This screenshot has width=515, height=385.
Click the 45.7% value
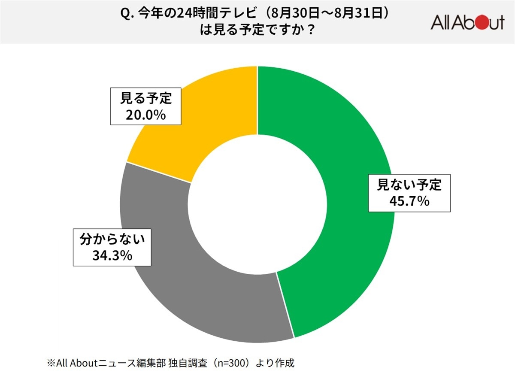click(409, 201)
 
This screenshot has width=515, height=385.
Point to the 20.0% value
click(145, 115)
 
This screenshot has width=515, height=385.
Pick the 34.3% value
click(112, 256)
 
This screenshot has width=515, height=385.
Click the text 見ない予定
click(409, 185)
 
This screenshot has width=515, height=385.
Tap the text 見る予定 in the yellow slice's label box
click(146, 99)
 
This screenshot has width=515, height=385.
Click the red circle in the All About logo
click(480, 22)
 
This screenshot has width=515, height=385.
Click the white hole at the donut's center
click(257, 205)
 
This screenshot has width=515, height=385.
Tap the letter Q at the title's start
click(125, 14)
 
